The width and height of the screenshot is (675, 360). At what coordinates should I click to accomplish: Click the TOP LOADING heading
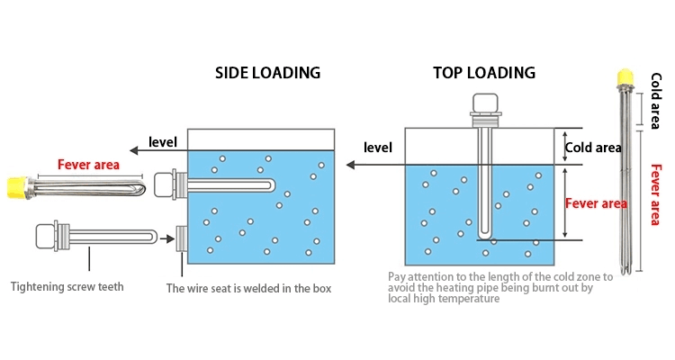(483, 73)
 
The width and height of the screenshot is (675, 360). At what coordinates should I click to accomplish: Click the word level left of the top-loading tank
(378, 147)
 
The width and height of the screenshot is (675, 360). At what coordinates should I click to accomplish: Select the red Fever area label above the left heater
(89, 165)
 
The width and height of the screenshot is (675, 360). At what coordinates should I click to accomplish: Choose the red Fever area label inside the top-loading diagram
(595, 203)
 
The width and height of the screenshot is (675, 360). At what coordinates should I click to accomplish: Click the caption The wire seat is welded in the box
(249, 288)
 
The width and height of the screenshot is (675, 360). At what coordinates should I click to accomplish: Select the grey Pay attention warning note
(499, 288)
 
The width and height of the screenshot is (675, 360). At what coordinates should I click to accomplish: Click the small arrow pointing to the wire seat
(165, 238)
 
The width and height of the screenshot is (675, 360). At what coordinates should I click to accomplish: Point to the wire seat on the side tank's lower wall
(181, 238)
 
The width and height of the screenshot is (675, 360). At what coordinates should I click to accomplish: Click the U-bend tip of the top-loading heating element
(485, 237)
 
